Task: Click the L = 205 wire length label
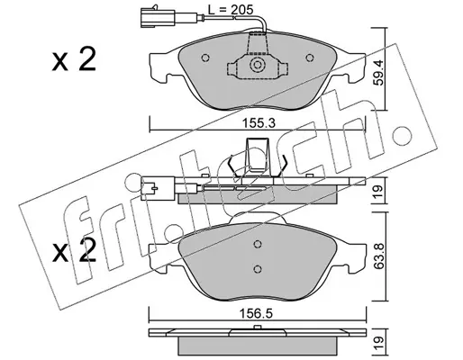pos(231,10)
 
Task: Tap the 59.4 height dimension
pos(379,73)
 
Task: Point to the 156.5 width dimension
pos(256,314)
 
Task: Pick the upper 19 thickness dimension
pos(379,191)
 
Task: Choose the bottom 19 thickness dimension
pos(379,341)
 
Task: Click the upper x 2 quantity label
pos(74,59)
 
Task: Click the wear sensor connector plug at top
pos(158,17)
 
